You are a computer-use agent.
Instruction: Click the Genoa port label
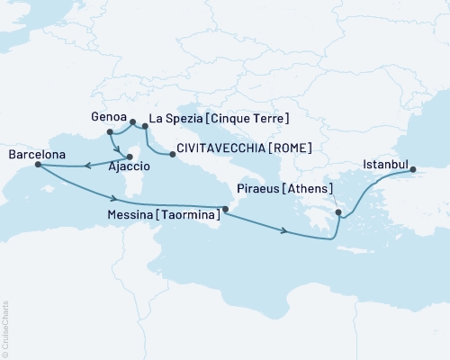click(110, 117)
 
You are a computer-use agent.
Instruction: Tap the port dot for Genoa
click(132, 121)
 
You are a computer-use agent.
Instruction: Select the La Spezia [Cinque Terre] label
click(218, 118)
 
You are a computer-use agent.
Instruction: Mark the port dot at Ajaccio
click(130, 157)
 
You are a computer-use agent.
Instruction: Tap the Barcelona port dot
click(37, 165)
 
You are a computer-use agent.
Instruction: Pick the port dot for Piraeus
click(337, 212)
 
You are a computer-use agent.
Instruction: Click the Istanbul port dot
click(412, 170)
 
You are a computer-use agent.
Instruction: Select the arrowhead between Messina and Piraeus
click(284, 232)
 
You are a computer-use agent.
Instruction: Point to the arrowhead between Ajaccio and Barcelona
click(86, 165)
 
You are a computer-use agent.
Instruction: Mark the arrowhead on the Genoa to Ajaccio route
click(121, 146)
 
